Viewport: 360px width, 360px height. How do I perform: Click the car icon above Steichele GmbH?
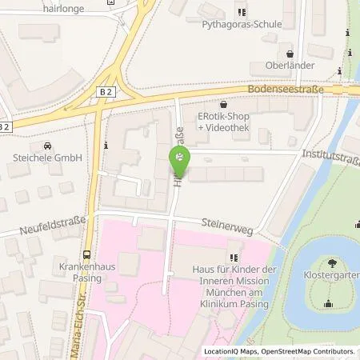[x=47, y=146]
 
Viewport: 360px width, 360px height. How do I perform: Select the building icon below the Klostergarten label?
[x=328, y=303]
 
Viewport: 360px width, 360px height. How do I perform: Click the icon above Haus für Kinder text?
[x=233, y=258]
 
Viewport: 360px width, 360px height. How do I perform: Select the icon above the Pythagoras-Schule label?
[x=239, y=11]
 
